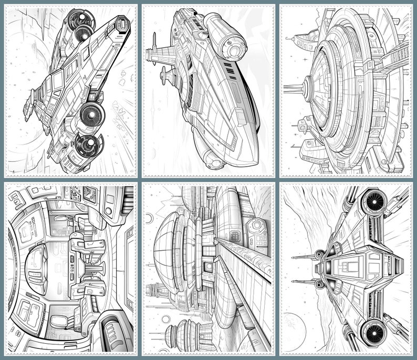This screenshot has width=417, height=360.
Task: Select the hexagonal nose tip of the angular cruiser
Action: pos(122,23)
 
